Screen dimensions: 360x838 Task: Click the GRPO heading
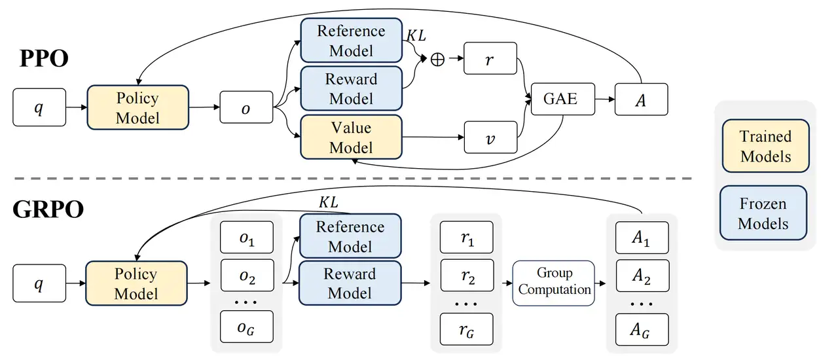(x=48, y=209)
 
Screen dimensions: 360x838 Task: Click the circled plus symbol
(x=437, y=59)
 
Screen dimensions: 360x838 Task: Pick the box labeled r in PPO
(x=490, y=58)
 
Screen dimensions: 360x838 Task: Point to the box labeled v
(x=490, y=137)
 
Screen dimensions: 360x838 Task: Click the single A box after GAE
(x=641, y=99)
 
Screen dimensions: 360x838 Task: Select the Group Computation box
(x=554, y=282)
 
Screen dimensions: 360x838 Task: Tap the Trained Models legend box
(x=765, y=146)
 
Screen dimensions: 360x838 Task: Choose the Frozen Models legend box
(x=763, y=213)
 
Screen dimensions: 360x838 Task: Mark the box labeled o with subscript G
(x=246, y=329)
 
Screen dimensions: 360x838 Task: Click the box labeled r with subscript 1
(x=467, y=239)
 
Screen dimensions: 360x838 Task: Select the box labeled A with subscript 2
(x=641, y=277)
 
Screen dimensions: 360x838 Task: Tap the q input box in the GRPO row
(x=39, y=283)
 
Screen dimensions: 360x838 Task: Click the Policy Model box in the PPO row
(x=137, y=108)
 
